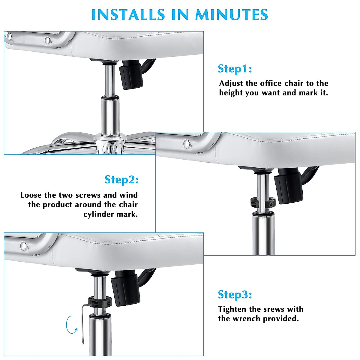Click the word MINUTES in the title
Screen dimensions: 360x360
[231, 14]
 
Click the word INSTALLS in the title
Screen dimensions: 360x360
[128, 14]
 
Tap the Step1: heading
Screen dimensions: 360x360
[235, 68]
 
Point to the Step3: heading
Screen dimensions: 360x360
[235, 294]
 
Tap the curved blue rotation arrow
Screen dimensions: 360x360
[71, 325]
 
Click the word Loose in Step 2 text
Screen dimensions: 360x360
[31, 195]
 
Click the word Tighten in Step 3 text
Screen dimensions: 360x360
[232, 309]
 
